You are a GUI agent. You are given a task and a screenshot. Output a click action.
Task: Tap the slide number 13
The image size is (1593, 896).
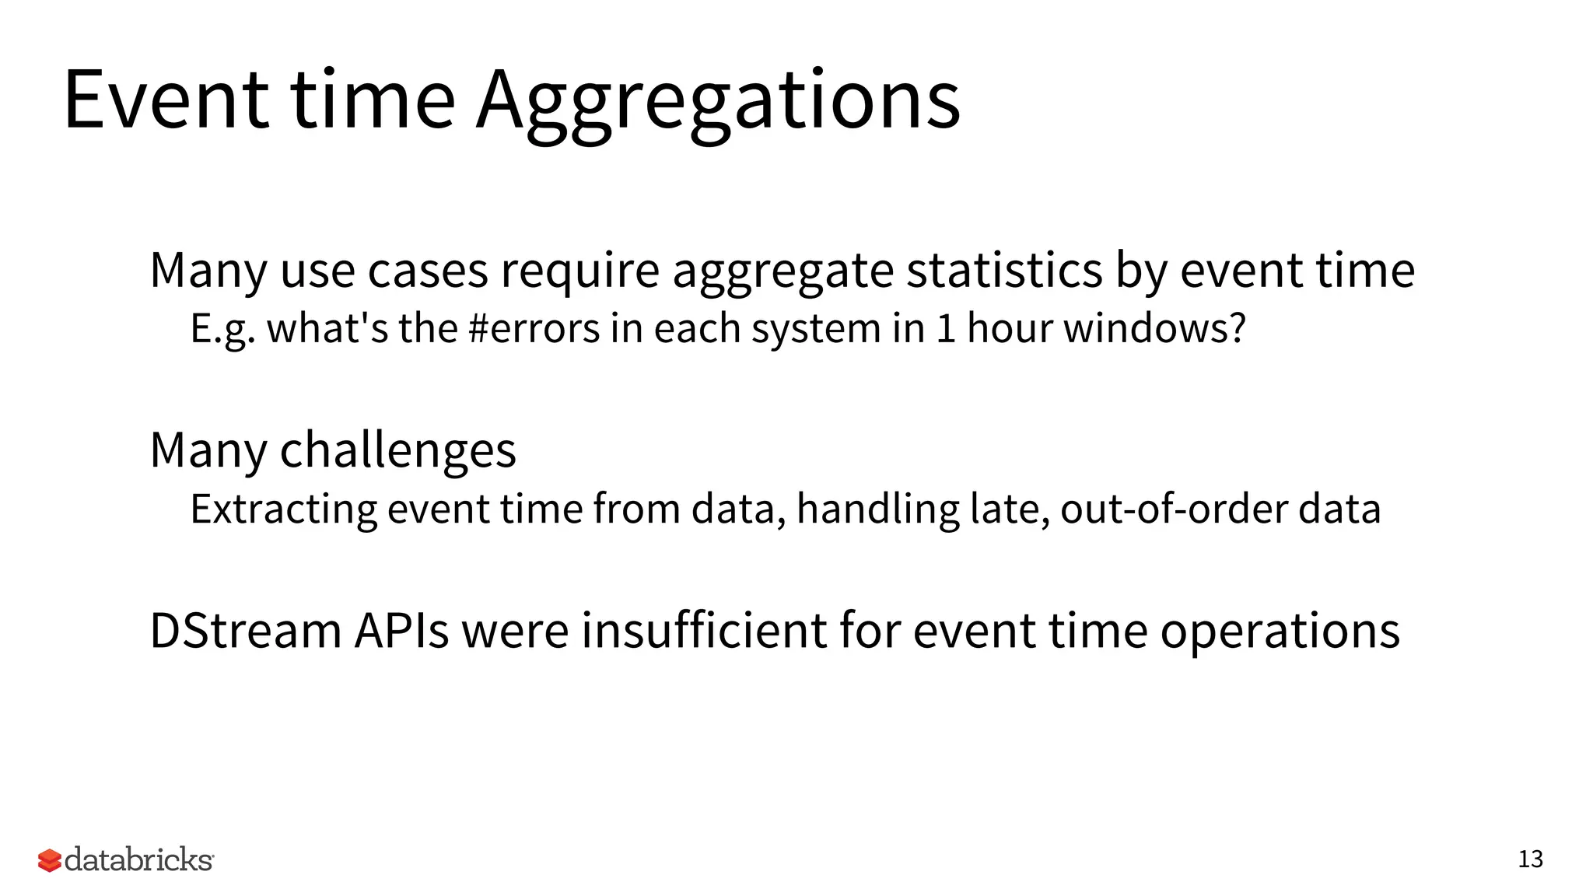pyautogui.click(x=1530, y=859)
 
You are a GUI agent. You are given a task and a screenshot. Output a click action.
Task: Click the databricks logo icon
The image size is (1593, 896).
pyautogui.click(x=49, y=860)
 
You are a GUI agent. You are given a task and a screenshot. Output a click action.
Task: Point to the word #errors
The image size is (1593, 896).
pyautogui.click(x=534, y=328)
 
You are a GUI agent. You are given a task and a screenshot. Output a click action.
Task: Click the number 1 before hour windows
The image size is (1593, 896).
pyautogui.click(x=945, y=328)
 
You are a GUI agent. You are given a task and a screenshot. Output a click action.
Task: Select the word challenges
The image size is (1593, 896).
pyautogui.click(x=397, y=450)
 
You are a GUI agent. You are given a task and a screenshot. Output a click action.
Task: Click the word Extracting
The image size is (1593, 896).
pyautogui.click(x=284, y=509)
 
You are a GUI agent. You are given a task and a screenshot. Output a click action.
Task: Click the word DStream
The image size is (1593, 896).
pyautogui.click(x=246, y=631)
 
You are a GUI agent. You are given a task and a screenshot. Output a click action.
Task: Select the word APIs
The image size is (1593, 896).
pyautogui.click(x=401, y=631)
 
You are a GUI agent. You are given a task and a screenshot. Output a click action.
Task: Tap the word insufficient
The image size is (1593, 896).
pyautogui.click(x=704, y=631)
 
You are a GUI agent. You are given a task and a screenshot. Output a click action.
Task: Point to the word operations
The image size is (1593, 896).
pyautogui.click(x=1280, y=631)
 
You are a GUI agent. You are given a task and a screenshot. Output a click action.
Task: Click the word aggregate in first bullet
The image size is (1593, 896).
pyautogui.click(x=783, y=271)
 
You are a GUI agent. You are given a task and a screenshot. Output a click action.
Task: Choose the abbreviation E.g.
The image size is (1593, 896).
pyautogui.click(x=222, y=328)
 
